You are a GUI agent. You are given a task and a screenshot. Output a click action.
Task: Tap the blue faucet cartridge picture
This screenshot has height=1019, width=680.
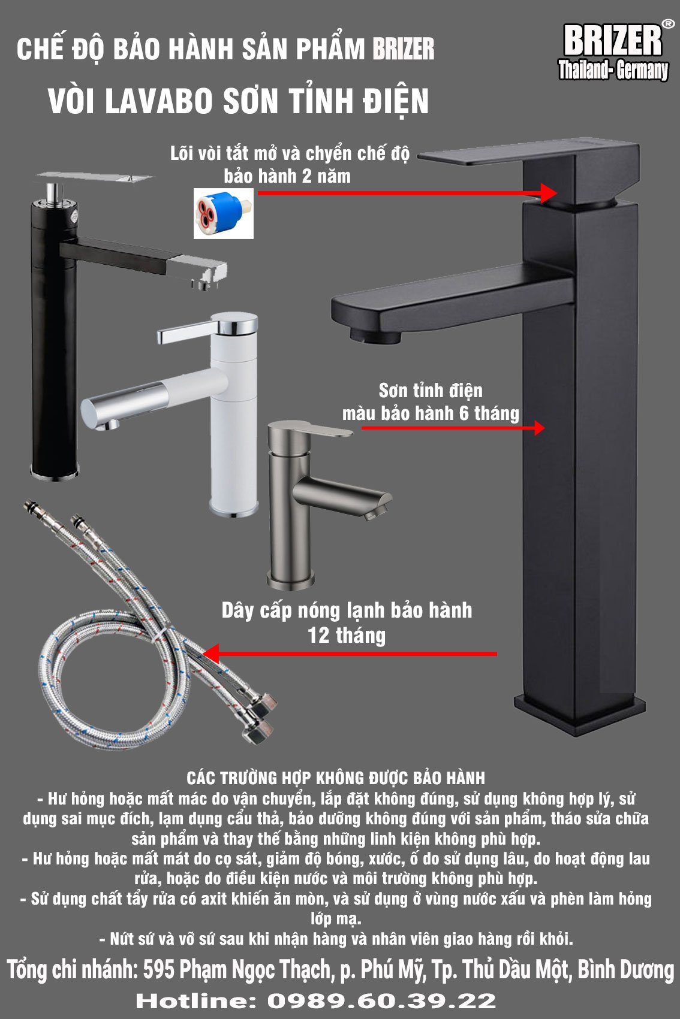coord(223,213)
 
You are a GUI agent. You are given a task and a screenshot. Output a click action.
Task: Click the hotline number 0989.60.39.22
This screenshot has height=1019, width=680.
coord(381,1001)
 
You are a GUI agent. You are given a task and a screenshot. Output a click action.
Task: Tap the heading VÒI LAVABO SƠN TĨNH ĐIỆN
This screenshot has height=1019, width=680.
coord(238,101)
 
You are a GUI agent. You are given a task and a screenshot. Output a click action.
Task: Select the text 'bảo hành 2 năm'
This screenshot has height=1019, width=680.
coord(287,177)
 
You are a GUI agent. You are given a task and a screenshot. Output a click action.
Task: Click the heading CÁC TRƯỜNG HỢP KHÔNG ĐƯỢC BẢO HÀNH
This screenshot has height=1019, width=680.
coord(336,778)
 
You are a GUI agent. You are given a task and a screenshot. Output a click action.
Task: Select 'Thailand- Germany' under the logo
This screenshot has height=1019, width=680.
coord(613,70)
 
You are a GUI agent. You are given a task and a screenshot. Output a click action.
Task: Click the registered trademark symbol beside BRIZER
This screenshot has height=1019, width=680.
coord(667,24)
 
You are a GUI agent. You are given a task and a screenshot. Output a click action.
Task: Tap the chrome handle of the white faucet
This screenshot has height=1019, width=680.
coord(207,328)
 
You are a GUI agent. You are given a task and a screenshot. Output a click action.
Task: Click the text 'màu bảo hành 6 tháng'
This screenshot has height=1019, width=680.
coord(431,413)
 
